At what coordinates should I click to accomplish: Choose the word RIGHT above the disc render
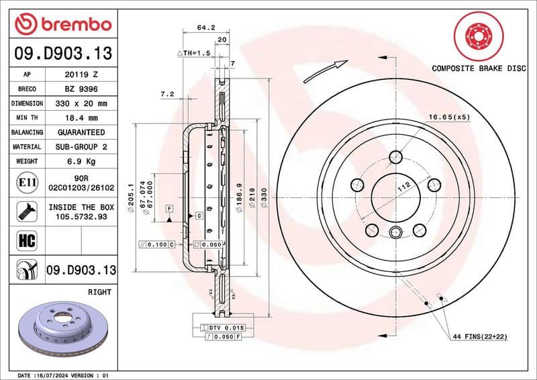pos(99,293)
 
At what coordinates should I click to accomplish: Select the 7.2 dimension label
pos(167,95)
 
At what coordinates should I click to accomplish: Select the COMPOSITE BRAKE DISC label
pos(478,68)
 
